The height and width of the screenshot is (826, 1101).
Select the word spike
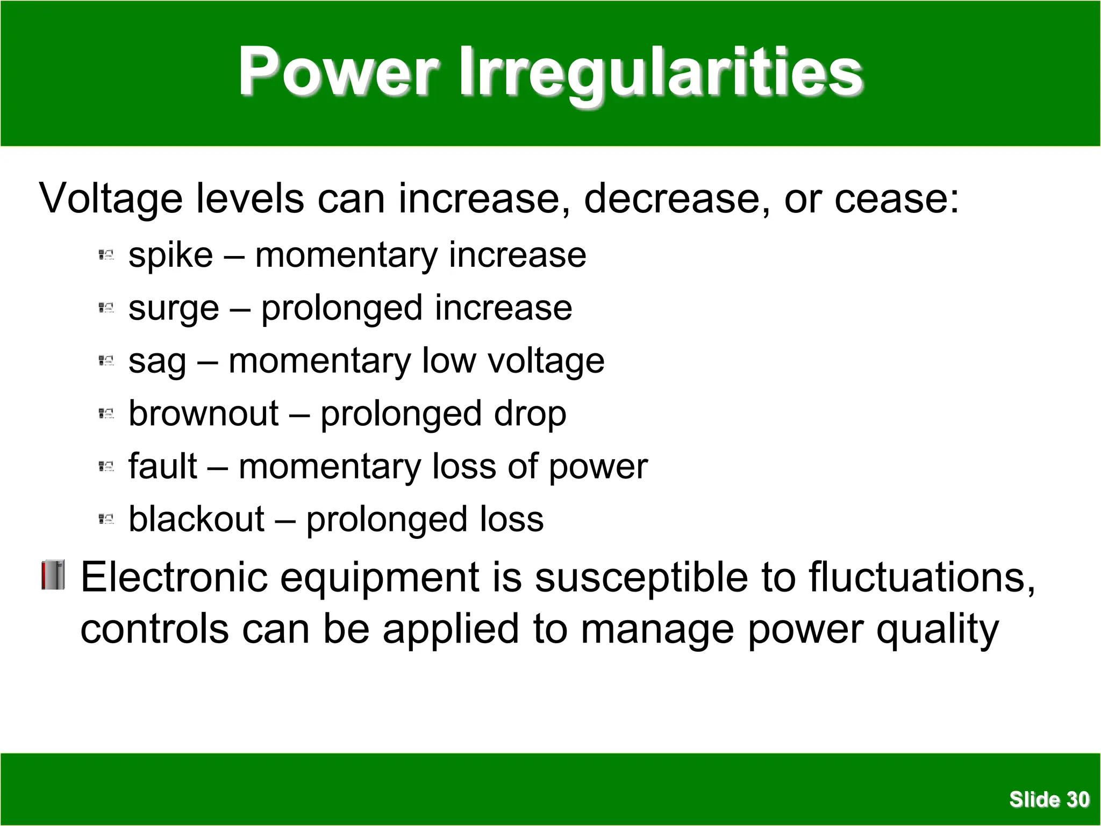point(170,255)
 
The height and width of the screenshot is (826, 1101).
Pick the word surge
point(174,309)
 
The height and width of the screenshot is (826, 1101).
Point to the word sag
point(157,361)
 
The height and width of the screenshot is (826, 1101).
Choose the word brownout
point(204,414)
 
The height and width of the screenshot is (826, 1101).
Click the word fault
point(162,466)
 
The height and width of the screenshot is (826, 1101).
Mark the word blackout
point(196,519)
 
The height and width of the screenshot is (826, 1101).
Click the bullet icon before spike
point(106,255)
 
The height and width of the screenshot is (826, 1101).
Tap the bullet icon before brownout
point(106,414)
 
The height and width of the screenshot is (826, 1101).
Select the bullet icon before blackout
point(106,519)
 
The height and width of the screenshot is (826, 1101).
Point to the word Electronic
point(174,577)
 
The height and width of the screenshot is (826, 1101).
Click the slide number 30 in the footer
point(1077,800)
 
